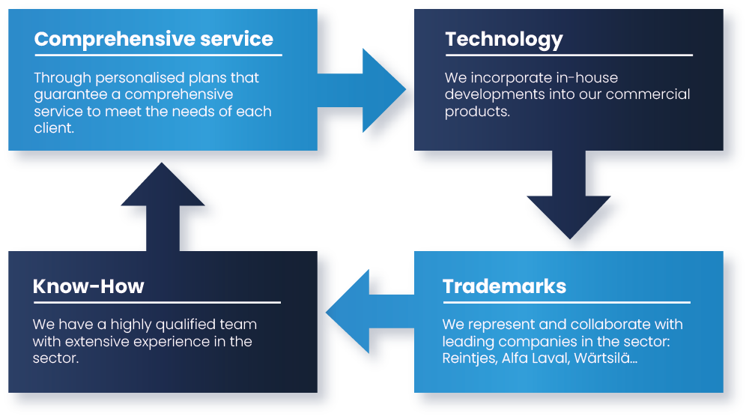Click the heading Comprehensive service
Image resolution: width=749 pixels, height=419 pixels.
(154, 39)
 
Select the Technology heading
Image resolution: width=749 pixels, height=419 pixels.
(503, 39)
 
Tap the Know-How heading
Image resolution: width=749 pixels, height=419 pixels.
(88, 286)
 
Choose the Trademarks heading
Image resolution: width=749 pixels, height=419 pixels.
(504, 286)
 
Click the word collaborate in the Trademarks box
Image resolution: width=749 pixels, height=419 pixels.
(609, 325)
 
